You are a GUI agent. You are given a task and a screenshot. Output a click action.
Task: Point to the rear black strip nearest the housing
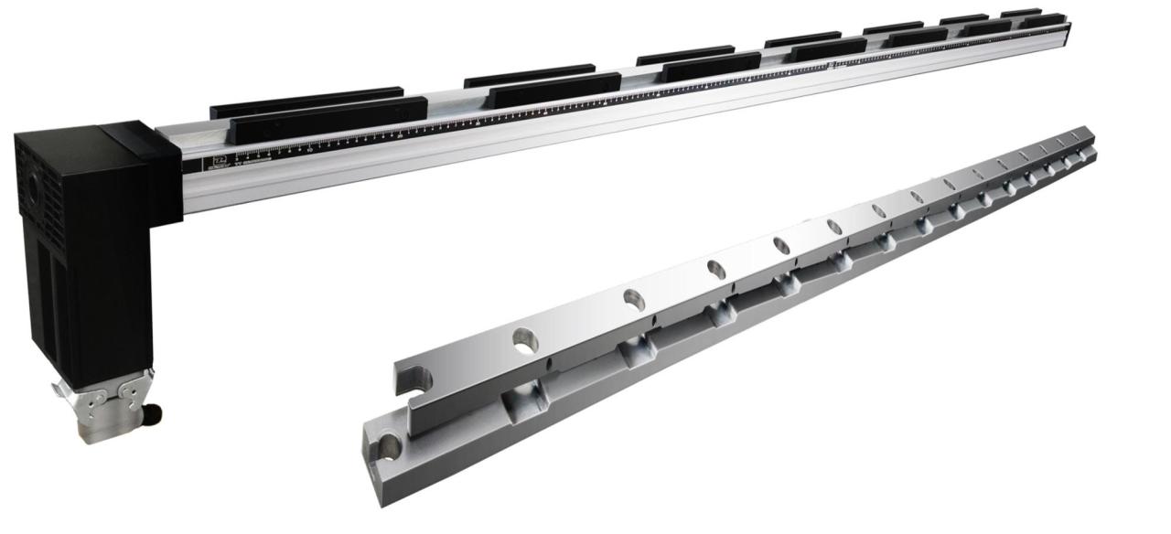(306, 101)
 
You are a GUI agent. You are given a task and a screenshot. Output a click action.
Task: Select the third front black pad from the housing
(711, 67)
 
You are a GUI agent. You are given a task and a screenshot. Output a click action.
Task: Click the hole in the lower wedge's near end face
(390, 446)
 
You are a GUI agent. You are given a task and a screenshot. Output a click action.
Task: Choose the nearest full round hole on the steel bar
(524, 340)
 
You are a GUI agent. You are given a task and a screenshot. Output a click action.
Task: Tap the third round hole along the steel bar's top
(716, 269)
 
